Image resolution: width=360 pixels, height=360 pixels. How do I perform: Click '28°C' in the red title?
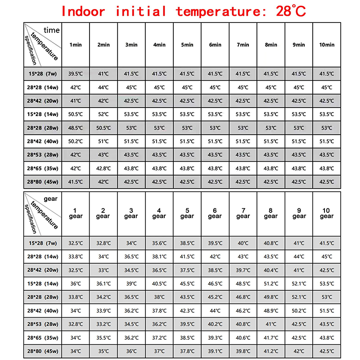(291, 10)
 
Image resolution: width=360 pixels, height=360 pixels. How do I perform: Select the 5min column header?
(187, 45)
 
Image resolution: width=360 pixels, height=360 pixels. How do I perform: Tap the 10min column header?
(327, 45)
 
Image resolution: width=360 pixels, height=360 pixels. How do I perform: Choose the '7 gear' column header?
(243, 213)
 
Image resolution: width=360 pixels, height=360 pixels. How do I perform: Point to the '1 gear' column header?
(75, 213)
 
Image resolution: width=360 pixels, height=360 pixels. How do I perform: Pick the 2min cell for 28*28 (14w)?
(103, 87)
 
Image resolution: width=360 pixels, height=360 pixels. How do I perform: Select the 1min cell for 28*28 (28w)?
(75, 128)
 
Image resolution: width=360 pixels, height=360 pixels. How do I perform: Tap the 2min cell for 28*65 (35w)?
(103, 168)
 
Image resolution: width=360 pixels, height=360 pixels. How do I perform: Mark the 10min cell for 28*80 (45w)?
(327, 182)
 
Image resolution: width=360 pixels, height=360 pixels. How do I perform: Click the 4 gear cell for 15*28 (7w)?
(159, 243)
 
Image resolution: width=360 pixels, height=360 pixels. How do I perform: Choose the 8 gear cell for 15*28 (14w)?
(271, 284)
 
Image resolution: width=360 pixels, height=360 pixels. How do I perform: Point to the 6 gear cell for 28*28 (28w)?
(215, 297)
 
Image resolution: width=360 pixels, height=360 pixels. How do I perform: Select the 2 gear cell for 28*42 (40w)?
(103, 310)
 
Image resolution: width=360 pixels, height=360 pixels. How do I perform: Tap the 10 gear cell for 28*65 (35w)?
(327, 337)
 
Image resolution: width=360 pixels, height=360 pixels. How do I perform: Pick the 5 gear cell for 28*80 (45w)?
(187, 351)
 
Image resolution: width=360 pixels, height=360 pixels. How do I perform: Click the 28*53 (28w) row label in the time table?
(43, 155)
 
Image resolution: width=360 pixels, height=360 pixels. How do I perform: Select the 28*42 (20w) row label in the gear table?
(43, 270)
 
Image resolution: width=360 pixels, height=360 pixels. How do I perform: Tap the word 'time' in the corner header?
(51, 30)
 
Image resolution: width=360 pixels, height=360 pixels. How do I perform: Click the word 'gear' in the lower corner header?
(50, 198)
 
